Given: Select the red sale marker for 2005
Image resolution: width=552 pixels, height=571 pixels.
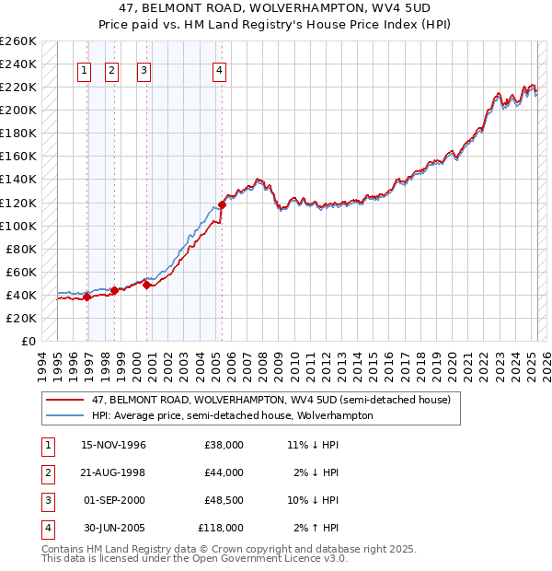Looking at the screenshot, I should pos(222,204).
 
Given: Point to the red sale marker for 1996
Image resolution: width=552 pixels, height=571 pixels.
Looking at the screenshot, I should pos(86,297).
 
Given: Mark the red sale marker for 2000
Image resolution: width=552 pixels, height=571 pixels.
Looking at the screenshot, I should pos(146,285).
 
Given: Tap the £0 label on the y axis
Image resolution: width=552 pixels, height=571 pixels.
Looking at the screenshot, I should pos(28,341).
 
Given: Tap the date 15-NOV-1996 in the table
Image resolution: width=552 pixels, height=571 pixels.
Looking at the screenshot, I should pos(114,445).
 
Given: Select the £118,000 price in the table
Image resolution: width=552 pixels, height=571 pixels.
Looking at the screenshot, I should pos(221,528).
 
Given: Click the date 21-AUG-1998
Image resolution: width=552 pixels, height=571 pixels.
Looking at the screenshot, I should pos(114,472).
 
